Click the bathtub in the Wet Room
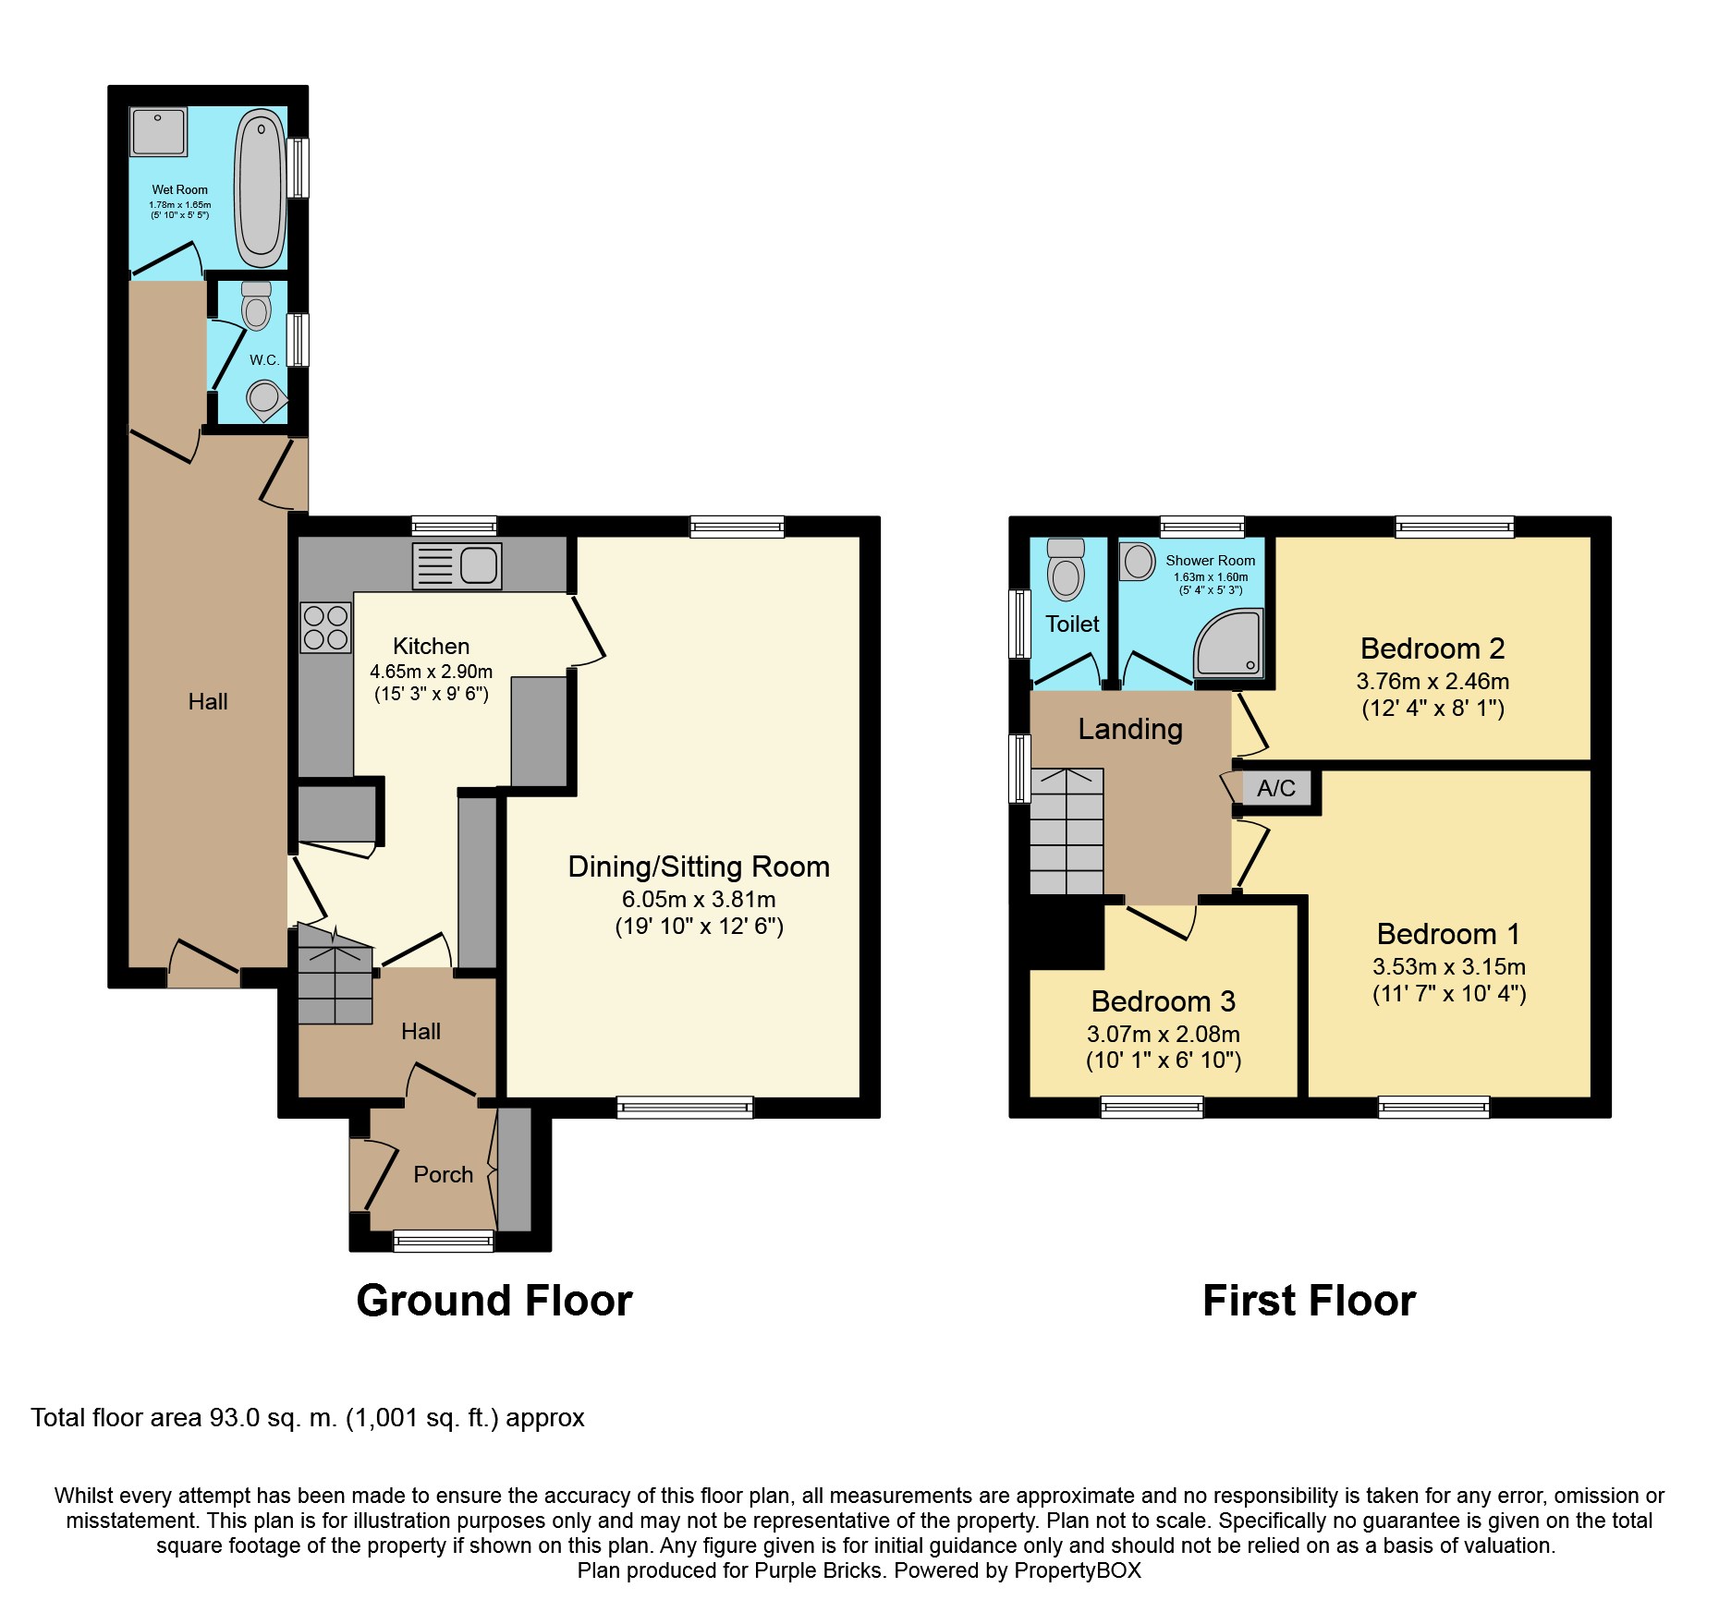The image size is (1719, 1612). [x=260, y=188]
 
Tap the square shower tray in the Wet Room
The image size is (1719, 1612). [x=159, y=132]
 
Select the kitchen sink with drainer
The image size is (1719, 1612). [x=457, y=565]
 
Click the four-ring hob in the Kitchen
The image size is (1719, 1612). [x=325, y=627]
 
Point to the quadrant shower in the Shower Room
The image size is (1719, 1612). [x=1228, y=642]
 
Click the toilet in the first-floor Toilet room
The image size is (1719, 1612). [x=1066, y=569]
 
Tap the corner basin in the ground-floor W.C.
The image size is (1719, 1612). [x=265, y=400]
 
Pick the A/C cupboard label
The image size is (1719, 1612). [x=1276, y=788]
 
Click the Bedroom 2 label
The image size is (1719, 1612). [x=1432, y=648]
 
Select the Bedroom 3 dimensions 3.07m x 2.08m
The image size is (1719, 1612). [x=1164, y=1034]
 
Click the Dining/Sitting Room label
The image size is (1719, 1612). [x=699, y=867]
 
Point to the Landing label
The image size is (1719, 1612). [x=1130, y=730]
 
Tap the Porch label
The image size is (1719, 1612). [x=444, y=1174]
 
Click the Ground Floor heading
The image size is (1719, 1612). [x=494, y=1301]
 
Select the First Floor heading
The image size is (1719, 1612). [x=1309, y=1301]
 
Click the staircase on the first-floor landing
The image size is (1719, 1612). [x=1067, y=831]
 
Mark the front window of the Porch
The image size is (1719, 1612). [x=444, y=1241]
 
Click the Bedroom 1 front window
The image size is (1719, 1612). [x=1433, y=1107]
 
